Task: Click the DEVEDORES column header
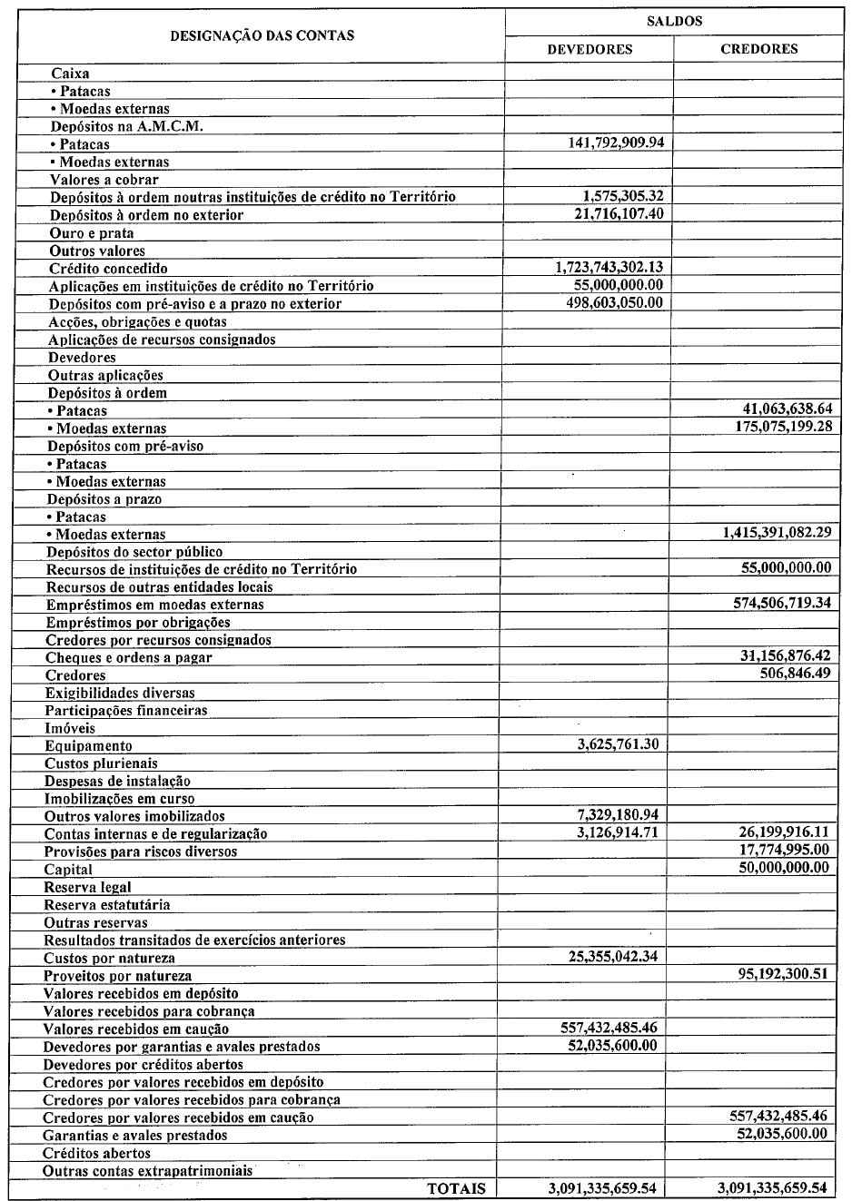(x=589, y=49)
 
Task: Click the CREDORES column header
(x=758, y=49)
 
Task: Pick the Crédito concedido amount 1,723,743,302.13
(x=608, y=268)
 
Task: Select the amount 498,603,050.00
(x=614, y=303)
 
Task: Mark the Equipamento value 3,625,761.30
(x=618, y=745)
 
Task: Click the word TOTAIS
(x=456, y=1188)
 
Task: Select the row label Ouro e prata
(x=92, y=233)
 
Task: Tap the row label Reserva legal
(x=87, y=887)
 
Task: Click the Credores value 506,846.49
(x=795, y=674)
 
